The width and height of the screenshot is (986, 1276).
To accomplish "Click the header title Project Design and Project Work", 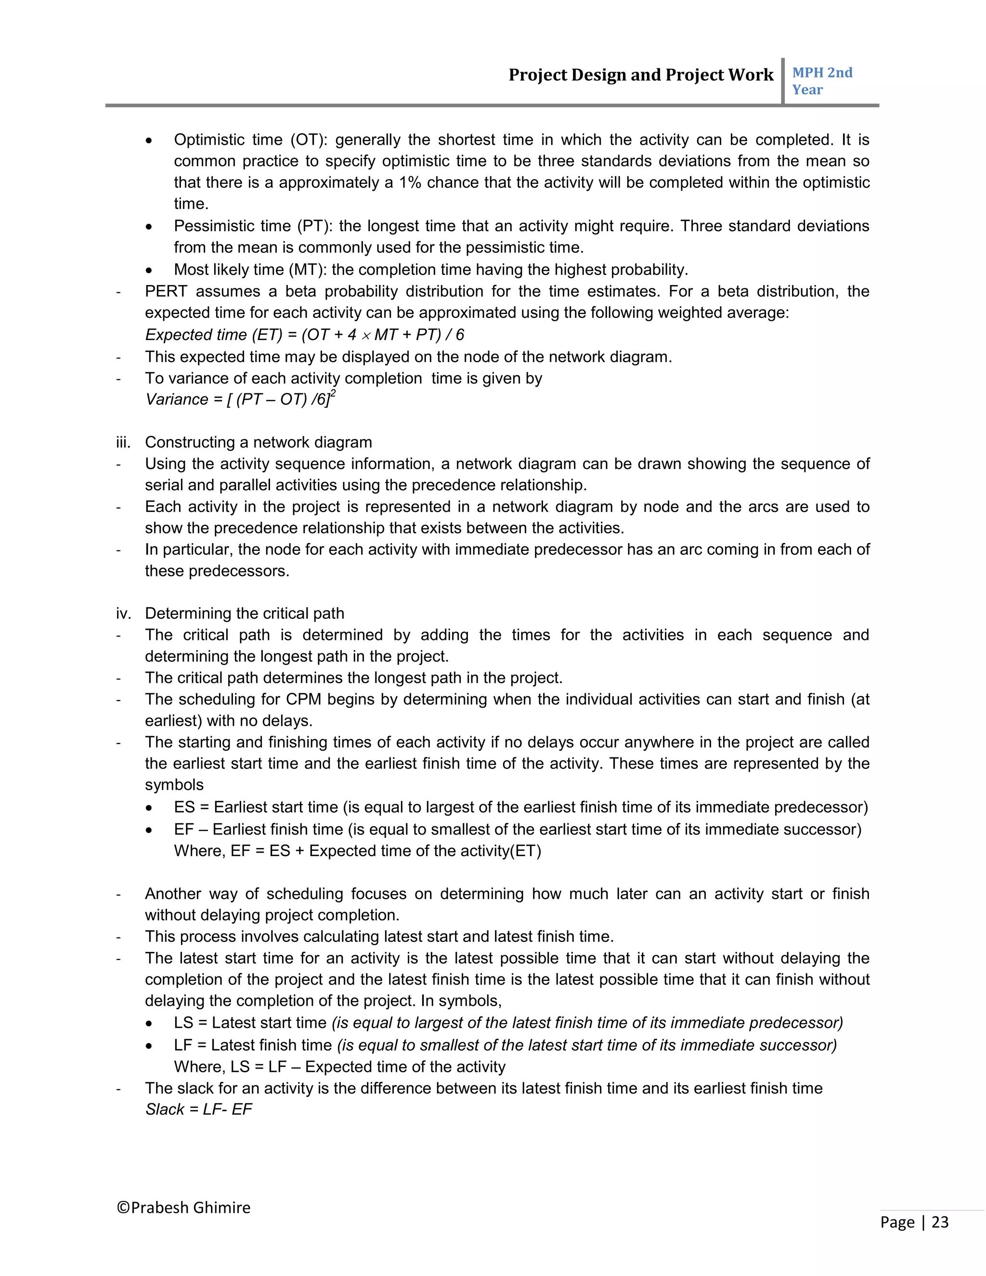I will click(x=640, y=75).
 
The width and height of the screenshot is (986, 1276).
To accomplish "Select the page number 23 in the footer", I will click(x=939, y=1222).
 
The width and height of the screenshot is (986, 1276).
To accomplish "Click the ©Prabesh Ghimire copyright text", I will click(x=183, y=1208).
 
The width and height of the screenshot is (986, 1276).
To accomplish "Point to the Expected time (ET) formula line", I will click(x=304, y=335).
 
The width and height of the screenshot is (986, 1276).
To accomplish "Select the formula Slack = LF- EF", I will click(x=199, y=1109).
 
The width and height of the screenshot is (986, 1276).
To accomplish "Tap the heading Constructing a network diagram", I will click(x=258, y=443).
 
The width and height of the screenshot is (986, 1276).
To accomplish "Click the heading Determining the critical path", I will click(x=244, y=613).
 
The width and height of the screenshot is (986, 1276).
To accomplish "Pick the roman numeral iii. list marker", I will click(x=123, y=443).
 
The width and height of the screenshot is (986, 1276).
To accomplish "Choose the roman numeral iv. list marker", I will click(x=123, y=613).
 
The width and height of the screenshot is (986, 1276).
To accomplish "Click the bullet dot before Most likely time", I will click(x=150, y=271).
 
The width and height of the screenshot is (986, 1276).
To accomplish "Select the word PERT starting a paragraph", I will click(x=166, y=291).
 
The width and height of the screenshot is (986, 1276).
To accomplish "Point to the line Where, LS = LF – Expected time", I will click(x=339, y=1067).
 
